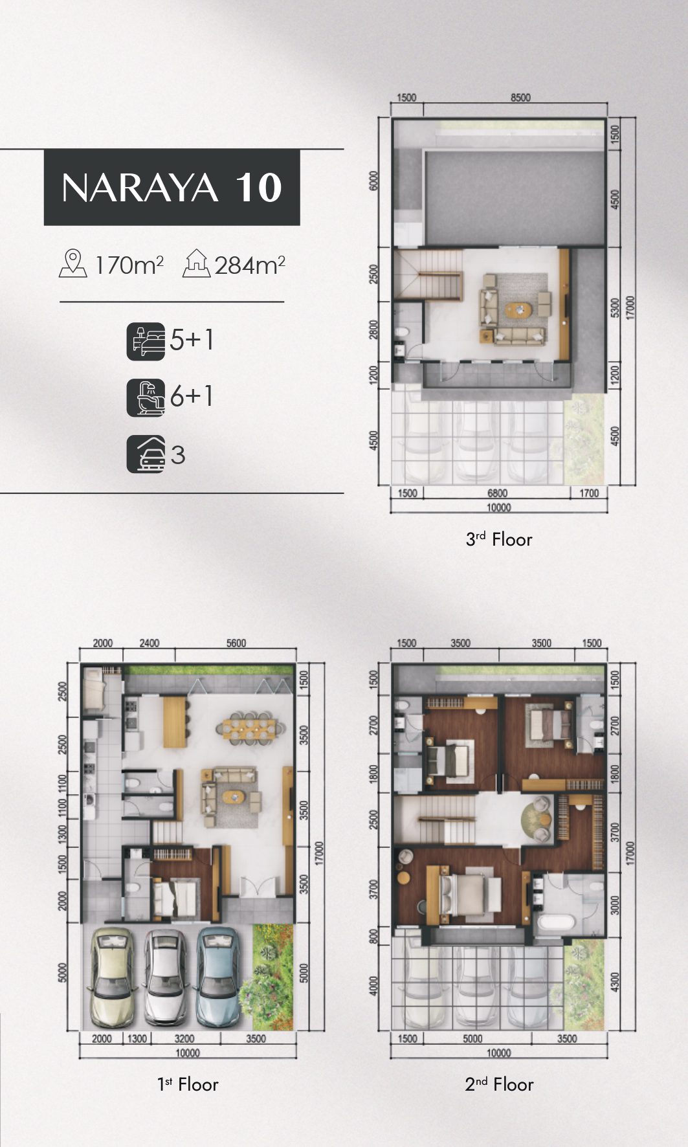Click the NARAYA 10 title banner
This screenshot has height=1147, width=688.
coord(172,187)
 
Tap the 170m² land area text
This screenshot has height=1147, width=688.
coord(129,265)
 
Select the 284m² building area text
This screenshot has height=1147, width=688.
coord(250,265)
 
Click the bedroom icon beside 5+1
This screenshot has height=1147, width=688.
coord(146,341)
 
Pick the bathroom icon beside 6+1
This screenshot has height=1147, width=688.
coord(146,397)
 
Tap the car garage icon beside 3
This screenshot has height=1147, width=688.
coord(146,454)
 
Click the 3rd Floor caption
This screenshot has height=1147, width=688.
coord(499,539)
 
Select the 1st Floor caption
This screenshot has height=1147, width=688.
coord(188,1084)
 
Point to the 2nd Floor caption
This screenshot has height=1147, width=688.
coord(499,1084)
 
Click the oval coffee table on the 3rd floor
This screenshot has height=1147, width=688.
coord(517,310)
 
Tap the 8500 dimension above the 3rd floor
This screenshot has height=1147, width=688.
coord(520,98)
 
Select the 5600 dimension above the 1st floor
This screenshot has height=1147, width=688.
coord(236,643)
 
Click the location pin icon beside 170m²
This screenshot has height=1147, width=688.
coord(73,264)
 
